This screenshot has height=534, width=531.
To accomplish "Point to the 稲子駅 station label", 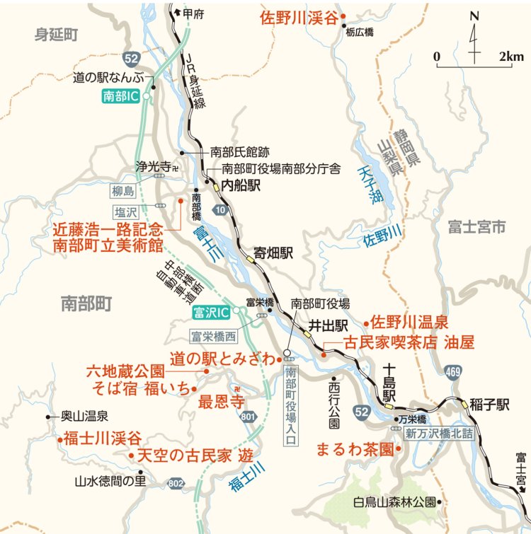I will pos(493,405).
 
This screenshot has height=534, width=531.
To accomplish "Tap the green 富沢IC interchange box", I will pos(211,311).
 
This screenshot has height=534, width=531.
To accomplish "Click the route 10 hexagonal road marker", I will pos(222,210).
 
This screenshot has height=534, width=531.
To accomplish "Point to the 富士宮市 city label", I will pos(476,226).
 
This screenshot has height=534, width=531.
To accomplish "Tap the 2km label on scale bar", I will pos(510,56).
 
